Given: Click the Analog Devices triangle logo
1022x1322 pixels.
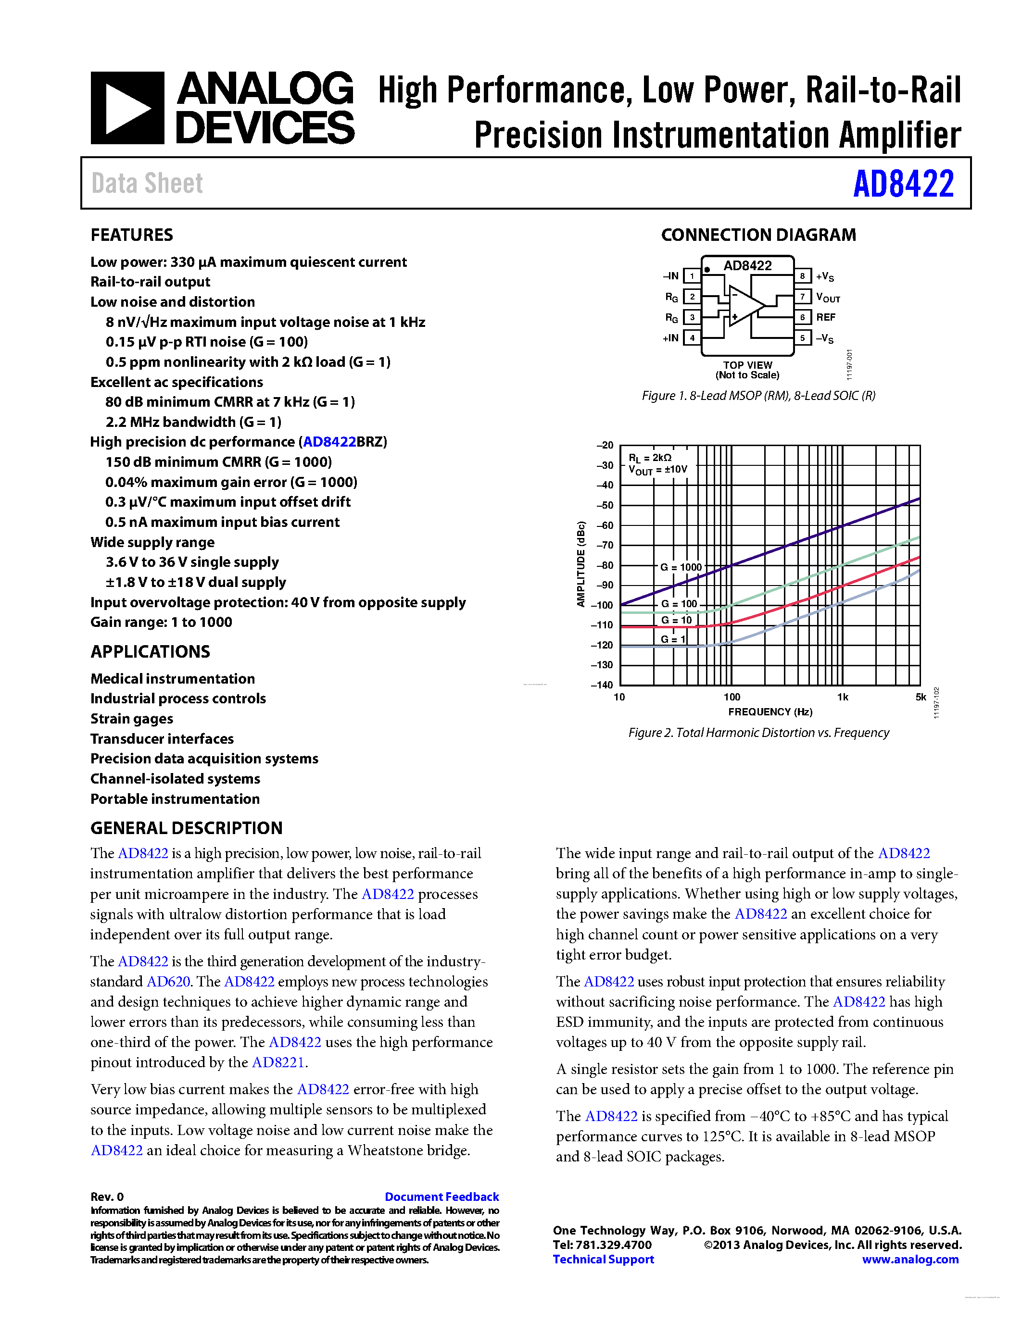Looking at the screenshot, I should [x=127, y=108].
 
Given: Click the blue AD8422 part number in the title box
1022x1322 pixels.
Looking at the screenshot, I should [x=903, y=184].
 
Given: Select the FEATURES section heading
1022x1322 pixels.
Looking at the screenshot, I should [x=131, y=235].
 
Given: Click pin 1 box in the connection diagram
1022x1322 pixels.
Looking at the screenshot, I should [x=692, y=276].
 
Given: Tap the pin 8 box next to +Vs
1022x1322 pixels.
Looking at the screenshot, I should [x=802, y=276].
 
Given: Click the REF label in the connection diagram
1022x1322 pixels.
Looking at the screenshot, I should [x=825, y=317].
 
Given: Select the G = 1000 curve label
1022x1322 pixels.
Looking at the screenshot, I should [x=681, y=567].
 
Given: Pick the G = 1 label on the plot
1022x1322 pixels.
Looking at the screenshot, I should [x=673, y=639].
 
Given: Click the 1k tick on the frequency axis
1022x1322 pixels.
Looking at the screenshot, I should [x=842, y=698].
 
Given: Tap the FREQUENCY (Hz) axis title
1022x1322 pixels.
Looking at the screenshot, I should [x=770, y=712].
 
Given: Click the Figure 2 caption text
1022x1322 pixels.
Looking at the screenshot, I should [x=758, y=733].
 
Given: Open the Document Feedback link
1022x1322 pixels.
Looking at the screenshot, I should [x=442, y=1197].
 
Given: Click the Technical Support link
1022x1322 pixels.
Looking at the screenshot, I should [x=603, y=1259].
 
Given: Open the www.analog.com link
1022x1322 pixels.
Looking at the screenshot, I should [x=910, y=1259].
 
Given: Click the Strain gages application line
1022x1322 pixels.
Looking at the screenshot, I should [x=131, y=719].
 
